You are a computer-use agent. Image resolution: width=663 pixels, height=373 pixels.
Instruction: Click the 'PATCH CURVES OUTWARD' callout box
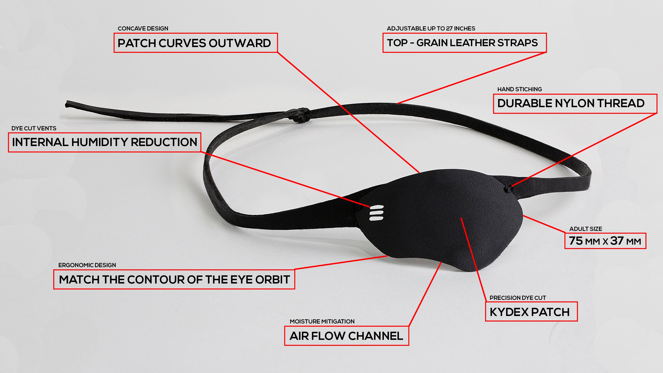click(196, 43)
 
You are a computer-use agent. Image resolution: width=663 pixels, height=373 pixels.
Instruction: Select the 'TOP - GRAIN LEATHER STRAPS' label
click(465, 43)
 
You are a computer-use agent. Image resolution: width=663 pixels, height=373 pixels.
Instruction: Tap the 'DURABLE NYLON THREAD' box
click(575, 103)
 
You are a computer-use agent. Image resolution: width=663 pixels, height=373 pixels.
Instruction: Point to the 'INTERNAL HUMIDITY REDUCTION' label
click(105, 142)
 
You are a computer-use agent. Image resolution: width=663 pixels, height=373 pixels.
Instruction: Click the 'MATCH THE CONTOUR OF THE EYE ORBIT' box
click(174, 279)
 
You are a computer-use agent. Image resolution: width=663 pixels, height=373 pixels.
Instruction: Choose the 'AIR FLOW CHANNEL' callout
click(347, 336)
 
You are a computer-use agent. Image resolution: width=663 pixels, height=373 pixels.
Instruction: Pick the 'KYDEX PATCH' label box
click(531, 312)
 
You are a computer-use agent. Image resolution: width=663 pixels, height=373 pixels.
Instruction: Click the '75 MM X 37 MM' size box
click(605, 241)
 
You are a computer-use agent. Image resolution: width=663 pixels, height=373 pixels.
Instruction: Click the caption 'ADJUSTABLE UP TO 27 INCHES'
click(431, 28)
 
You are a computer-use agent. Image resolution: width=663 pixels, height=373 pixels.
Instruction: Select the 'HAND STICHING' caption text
click(519, 89)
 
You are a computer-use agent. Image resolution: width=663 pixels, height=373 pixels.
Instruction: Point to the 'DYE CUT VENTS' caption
click(34, 128)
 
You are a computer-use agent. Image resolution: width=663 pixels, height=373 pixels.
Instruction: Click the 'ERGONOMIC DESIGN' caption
click(87, 265)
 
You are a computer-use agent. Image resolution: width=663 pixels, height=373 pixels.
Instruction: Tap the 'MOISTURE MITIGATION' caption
click(322, 321)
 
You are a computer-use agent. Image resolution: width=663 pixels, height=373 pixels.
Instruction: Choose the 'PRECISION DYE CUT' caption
click(518, 298)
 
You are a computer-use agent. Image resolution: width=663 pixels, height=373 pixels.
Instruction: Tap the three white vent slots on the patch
click(377, 213)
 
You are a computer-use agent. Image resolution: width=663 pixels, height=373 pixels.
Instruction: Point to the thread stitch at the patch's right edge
click(508, 189)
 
